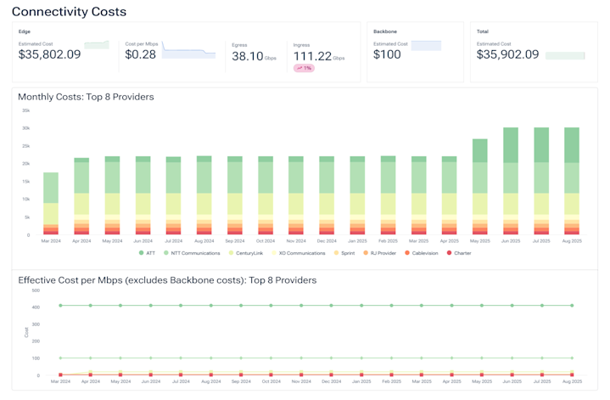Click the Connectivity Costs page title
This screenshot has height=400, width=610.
point(69,12)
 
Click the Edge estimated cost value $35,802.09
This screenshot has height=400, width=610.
point(50,54)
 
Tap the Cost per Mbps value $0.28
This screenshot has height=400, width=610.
point(140,54)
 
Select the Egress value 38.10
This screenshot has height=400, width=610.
point(247,56)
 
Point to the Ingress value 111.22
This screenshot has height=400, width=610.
point(311,56)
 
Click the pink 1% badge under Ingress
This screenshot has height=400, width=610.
point(304,68)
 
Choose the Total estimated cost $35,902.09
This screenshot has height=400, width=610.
point(507,54)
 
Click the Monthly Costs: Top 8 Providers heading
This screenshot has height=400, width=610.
point(86,97)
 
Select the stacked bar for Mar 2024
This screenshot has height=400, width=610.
point(51,204)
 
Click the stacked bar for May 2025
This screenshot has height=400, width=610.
point(480,187)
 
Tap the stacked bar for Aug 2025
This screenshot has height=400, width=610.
point(572,182)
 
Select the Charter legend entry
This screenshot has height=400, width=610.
point(461,253)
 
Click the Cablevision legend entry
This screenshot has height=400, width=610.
point(421,253)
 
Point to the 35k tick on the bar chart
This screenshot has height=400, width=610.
point(26,110)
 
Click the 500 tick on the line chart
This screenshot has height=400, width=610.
point(35,290)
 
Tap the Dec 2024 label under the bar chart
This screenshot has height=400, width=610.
point(327,241)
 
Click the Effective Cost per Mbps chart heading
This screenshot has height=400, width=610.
point(166,279)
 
